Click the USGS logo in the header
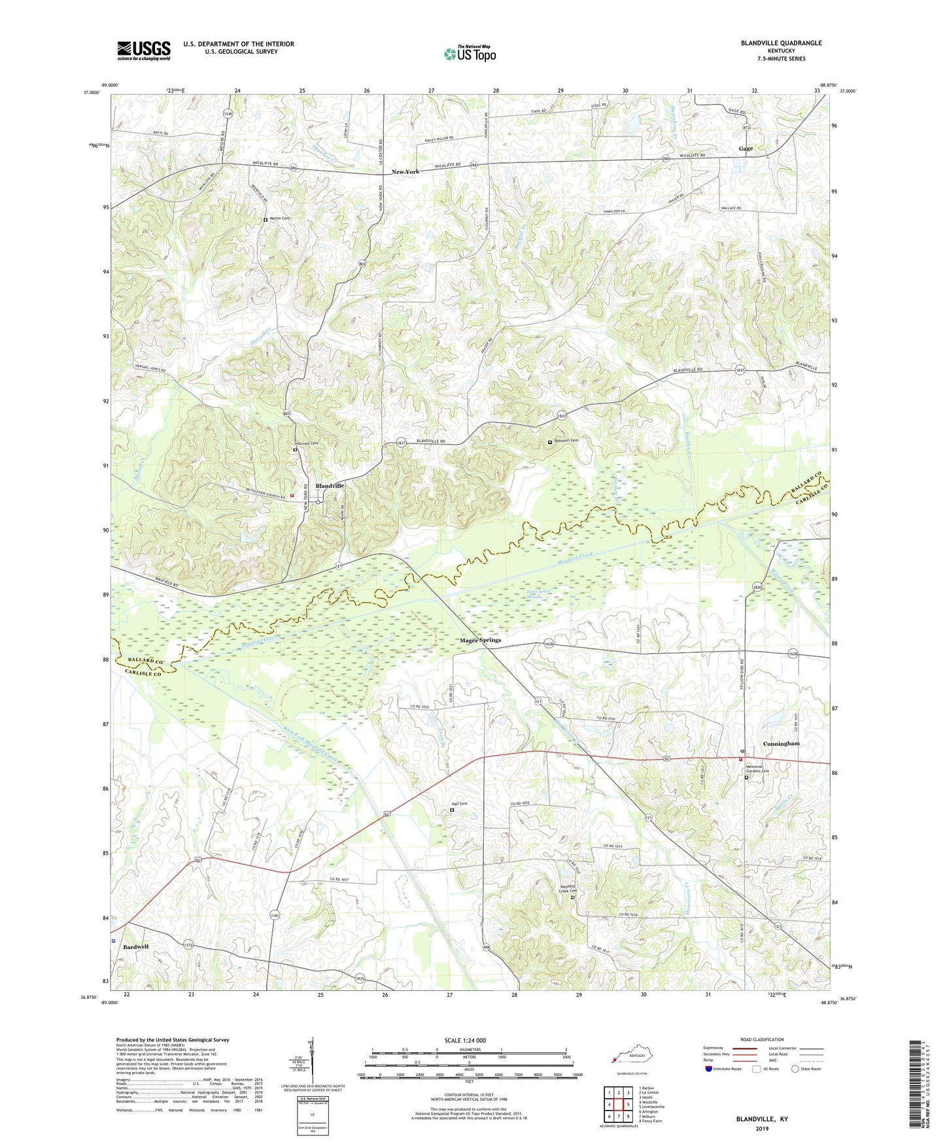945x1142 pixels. point(143,50)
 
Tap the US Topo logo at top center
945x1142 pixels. point(469,54)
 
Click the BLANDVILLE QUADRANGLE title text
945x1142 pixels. point(781,43)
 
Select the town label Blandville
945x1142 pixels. point(330,486)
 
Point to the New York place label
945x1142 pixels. point(405,172)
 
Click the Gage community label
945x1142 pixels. point(746,149)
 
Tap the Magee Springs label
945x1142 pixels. point(480,640)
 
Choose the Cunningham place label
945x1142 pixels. point(781,744)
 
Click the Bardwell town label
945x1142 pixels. point(136,946)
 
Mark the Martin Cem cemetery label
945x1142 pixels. point(278,218)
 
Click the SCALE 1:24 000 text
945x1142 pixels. point(470,1040)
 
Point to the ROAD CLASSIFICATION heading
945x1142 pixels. point(762,1039)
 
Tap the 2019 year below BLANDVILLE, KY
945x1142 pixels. point(761,1129)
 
